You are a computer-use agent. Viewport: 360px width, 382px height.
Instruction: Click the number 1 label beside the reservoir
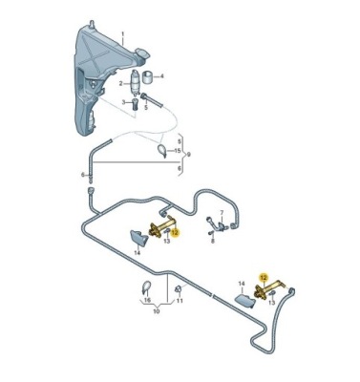123,33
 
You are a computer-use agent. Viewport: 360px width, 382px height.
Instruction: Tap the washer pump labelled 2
136,82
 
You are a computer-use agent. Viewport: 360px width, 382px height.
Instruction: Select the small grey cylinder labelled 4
147,77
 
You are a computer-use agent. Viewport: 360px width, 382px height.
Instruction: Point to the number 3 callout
124,102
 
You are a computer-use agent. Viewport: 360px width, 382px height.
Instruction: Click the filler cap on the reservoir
142,53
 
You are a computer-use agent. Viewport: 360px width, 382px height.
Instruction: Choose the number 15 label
178,150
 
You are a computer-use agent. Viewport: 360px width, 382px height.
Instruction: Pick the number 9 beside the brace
189,155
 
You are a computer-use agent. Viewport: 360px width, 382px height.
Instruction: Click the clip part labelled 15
162,150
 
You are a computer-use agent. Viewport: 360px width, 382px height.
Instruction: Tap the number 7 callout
222,212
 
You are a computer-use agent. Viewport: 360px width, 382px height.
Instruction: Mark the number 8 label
213,241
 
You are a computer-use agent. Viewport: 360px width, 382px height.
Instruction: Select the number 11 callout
180,301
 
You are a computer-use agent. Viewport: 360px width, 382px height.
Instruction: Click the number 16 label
147,300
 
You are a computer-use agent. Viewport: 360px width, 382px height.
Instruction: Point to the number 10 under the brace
156,311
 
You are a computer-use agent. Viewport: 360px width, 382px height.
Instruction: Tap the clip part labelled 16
146,286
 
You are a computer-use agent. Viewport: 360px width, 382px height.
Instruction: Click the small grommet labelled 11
179,289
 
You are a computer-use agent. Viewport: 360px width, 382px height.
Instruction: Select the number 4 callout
161,76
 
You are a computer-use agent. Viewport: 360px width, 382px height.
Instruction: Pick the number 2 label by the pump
121,84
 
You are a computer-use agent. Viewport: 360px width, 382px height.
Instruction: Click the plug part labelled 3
135,104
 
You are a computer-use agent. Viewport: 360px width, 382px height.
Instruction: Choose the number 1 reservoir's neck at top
92,25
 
